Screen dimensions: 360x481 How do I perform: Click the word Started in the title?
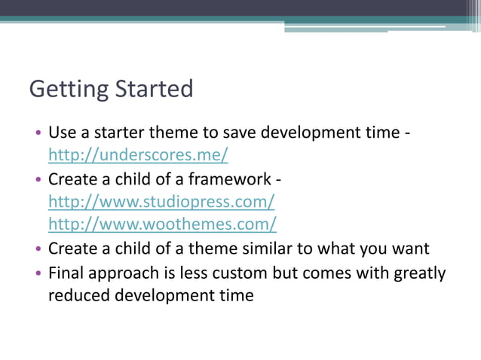(155, 88)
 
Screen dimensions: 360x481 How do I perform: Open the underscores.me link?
(138, 156)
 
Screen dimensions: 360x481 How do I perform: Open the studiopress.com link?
(161, 202)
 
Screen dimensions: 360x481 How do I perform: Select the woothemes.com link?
(162, 224)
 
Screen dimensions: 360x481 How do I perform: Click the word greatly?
(420, 273)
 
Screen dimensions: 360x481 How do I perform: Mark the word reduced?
(78, 295)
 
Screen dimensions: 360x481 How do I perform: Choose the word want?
(410, 249)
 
